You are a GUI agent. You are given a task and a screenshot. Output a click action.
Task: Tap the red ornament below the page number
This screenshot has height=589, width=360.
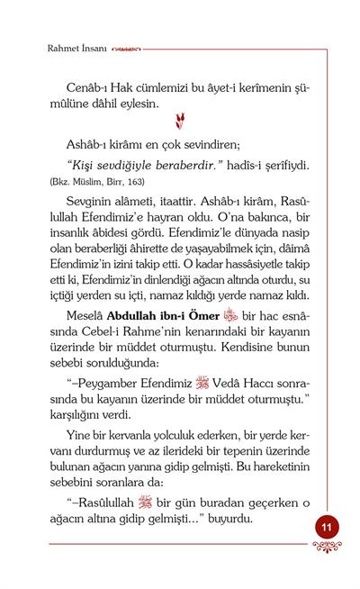click(326, 548)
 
